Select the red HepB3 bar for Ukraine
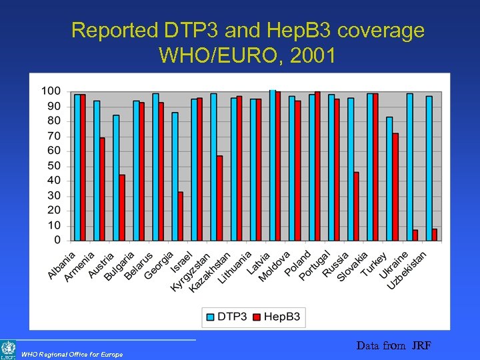point(415,235)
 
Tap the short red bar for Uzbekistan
point(434,234)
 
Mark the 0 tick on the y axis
point(57,240)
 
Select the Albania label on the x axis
point(61,265)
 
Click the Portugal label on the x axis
point(315,265)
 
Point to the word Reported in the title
point(113,30)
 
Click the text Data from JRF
point(393,345)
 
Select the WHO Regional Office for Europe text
point(72,354)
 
